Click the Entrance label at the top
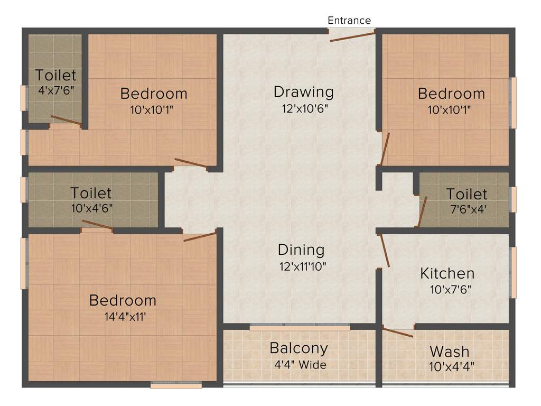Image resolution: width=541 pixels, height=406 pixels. coord(349,21)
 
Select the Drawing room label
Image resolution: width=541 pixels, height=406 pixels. coord(304,92)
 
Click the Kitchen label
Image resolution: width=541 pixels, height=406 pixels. coord(447,273)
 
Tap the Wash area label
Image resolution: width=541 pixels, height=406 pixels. coord(449,351)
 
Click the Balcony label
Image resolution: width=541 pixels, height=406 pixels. coord(299,348)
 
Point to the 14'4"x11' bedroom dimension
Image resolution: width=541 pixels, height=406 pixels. coord(122,317)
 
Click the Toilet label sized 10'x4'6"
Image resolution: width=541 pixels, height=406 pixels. coord(91,193)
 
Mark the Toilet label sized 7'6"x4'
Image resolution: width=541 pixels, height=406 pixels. coord(467,194)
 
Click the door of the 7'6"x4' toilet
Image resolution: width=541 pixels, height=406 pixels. coord(423,212)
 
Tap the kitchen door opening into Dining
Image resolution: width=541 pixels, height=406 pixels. coord(385,250)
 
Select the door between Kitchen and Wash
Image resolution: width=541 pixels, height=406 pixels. coord(397,333)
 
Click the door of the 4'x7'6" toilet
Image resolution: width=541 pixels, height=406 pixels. coord(66,121)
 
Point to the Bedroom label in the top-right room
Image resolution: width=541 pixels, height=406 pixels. coord(451,94)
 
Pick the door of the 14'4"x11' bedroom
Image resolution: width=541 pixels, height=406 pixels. coord(200,236)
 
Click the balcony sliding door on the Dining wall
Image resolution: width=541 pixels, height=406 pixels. coord(300,328)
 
